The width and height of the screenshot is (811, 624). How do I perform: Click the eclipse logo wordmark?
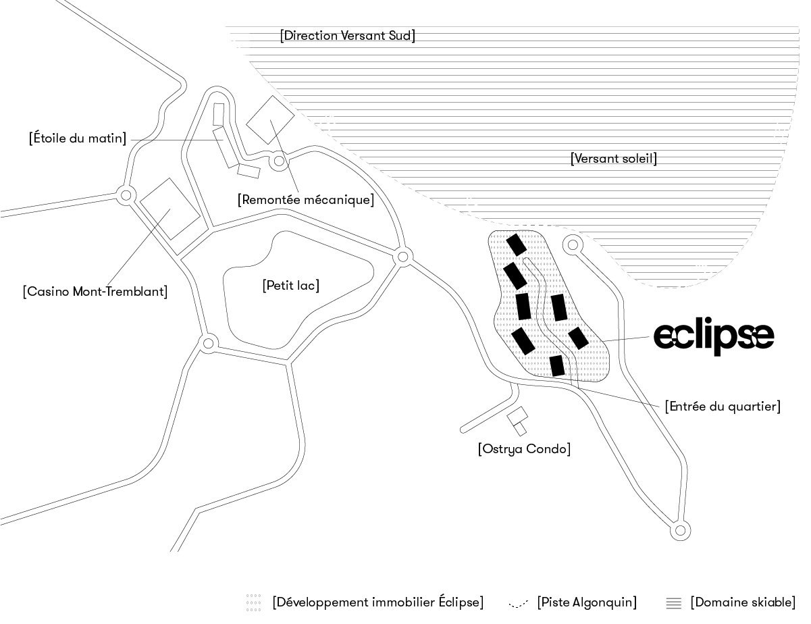coord(713,335)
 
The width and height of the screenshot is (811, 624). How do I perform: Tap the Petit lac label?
coord(290,286)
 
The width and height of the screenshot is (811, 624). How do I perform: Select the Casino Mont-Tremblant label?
coord(95,292)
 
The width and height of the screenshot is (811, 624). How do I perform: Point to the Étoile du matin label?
coord(78,138)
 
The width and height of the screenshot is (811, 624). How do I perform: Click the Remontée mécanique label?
coord(305,200)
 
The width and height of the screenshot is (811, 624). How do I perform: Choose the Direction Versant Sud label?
coord(347,36)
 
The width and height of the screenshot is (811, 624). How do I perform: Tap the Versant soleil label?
coord(613,159)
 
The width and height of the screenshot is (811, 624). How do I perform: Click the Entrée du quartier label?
coord(723,407)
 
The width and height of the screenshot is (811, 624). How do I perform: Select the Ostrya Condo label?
coord(524,449)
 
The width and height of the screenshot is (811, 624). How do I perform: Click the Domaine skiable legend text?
coord(743,602)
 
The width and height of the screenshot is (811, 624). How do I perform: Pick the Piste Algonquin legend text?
coord(587,602)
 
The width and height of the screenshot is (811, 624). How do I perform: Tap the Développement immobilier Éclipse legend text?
coord(378,602)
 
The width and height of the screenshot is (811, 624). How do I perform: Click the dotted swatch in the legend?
coord(253,602)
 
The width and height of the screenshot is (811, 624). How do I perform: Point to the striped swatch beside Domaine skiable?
coord(673,602)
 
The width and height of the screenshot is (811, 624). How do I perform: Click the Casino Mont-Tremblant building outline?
coord(169,209)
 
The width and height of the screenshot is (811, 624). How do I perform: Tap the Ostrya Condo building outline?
coord(517,420)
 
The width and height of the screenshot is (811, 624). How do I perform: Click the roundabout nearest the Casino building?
coord(125,196)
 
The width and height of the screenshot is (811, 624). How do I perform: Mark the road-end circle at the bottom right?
coord(680,531)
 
